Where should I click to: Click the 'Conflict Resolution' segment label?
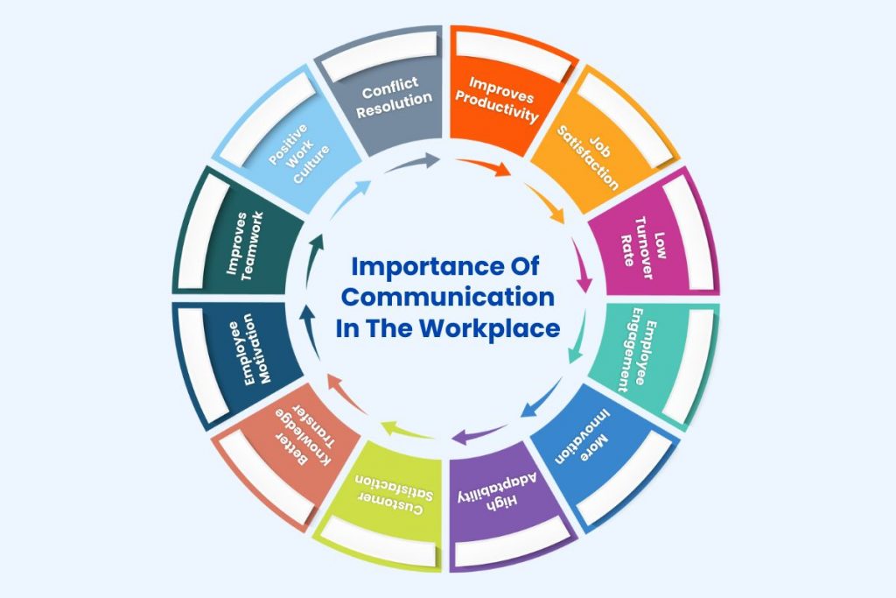(394, 97)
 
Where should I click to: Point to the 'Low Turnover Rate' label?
(643, 248)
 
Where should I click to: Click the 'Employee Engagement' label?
(640, 349)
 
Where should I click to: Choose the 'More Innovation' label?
(584, 437)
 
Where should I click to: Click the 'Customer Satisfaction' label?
(395, 494)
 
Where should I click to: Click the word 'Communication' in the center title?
(447, 298)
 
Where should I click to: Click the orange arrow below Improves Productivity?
(485, 165)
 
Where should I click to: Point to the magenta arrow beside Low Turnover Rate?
(582, 266)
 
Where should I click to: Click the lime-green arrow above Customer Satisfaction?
(407, 430)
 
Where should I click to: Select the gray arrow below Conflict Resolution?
(411, 164)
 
